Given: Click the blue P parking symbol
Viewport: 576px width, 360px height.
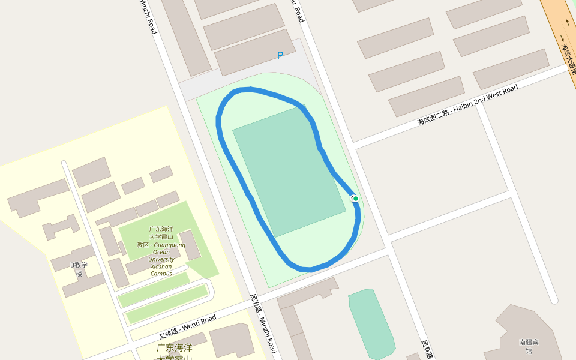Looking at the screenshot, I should click(x=280, y=55).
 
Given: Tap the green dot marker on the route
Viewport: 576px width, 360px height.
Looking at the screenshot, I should click(x=356, y=199).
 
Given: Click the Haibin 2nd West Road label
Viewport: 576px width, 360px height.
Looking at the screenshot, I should click(x=468, y=106).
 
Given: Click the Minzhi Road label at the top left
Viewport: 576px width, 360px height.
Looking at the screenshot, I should click(x=148, y=16).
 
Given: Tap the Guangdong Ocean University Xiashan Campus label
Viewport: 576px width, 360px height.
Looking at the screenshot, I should click(x=161, y=251).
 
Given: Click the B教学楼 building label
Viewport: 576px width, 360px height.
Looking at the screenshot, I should click(x=79, y=269).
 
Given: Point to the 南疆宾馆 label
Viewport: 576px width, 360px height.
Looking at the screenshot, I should click(x=529, y=346).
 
